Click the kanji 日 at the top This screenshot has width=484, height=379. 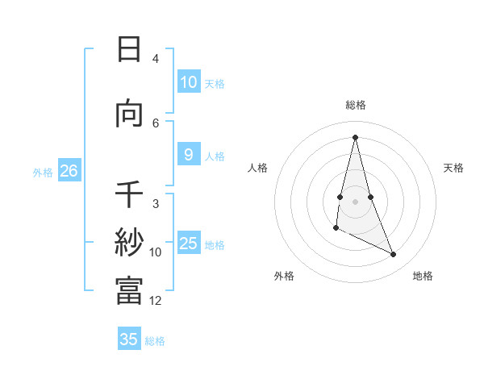point(129,49)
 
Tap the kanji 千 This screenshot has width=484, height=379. point(129,195)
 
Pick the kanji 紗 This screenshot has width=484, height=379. point(129,243)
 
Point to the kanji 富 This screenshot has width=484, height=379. point(129,290)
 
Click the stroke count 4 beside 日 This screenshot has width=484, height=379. point(156,59)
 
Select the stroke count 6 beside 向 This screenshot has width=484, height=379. point(156,123)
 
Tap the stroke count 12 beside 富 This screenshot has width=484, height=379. point(156,301)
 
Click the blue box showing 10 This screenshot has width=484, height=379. point(188,82)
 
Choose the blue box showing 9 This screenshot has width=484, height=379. point(188,155)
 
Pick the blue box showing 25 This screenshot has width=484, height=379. point(188,244)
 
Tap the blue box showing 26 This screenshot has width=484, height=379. point(69,171)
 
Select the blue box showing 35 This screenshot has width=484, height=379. point(129,339)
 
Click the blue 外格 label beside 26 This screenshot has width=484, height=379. point(43,172)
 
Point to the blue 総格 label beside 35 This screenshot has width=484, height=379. point(155,341)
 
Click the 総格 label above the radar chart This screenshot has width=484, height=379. point(356,105)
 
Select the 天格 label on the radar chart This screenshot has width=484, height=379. point(454,168)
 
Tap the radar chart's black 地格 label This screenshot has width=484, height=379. point(423,276)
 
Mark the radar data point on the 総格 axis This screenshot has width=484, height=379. point(356,136)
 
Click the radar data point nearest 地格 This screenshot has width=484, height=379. point(394,255)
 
